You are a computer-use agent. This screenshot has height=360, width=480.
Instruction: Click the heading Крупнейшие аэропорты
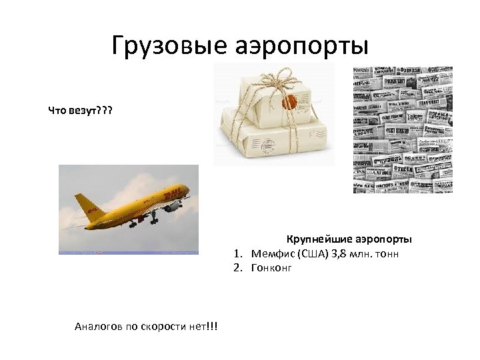tap(349, 239)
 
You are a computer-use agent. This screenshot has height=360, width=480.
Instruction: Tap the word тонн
tap(386, 254)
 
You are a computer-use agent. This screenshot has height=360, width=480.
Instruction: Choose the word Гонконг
tap(271, 268)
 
